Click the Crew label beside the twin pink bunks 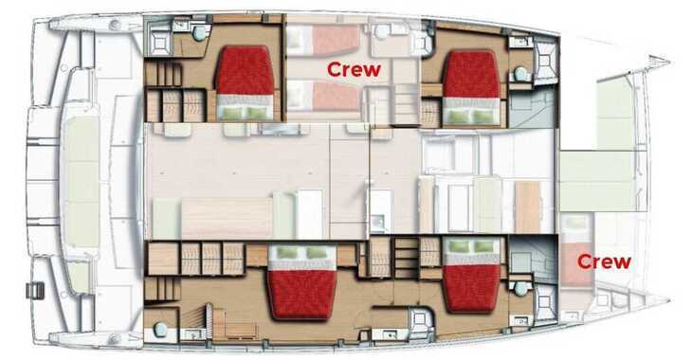pos(354,70)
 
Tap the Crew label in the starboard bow pos(604,261)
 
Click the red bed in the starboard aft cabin pos(302,295)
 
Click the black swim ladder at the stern pos(35,290)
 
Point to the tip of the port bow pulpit pos(669,63)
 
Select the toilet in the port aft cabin pos(200,33)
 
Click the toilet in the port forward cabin pos(521,74)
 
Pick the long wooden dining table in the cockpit pos(227,218)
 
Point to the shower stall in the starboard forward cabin pos(546,305)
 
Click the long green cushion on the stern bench pos(80,181)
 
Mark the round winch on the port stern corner pos(116,25)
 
